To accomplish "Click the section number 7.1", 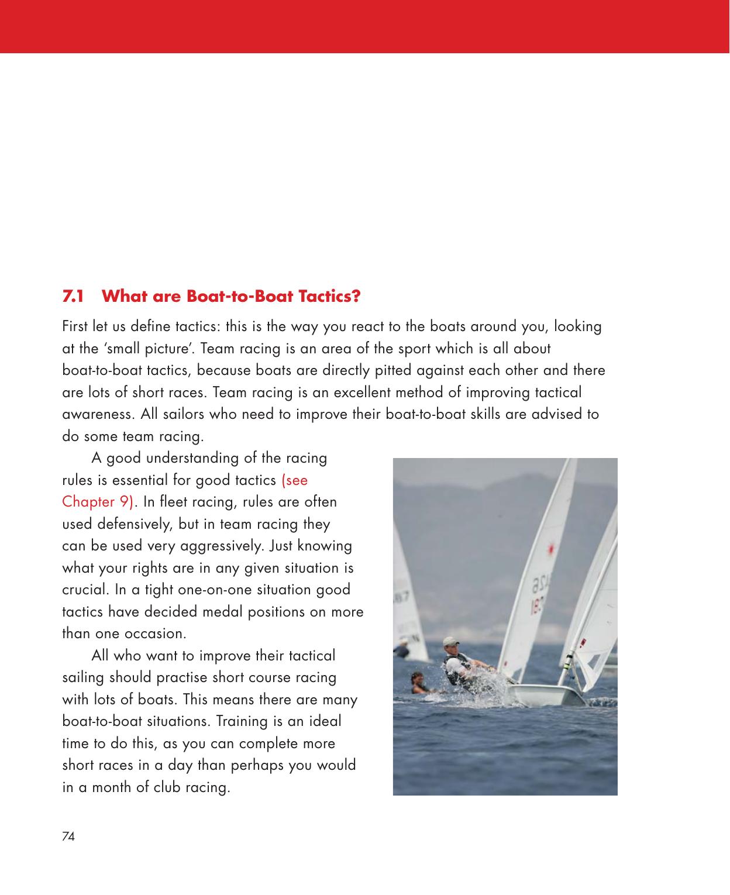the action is pos(73,296).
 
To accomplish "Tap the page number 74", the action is pos(68,837).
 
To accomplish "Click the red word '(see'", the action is pos(294,480).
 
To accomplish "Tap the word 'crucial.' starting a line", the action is pos(83,590).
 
